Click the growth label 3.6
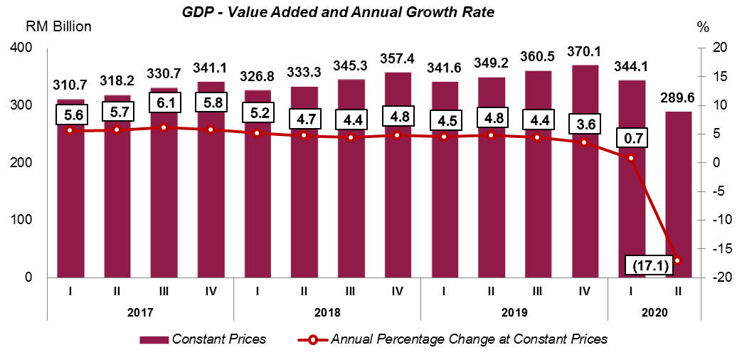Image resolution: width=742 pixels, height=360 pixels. point(584,125)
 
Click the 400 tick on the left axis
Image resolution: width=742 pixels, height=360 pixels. point(21,48)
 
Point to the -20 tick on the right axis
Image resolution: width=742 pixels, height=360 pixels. point(711,277)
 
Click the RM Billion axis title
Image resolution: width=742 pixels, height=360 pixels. point(58,27)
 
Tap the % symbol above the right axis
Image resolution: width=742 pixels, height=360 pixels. point(704,27)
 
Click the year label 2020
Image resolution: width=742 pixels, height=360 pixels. point(654,312)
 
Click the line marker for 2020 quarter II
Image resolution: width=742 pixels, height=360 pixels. point(678,260)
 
